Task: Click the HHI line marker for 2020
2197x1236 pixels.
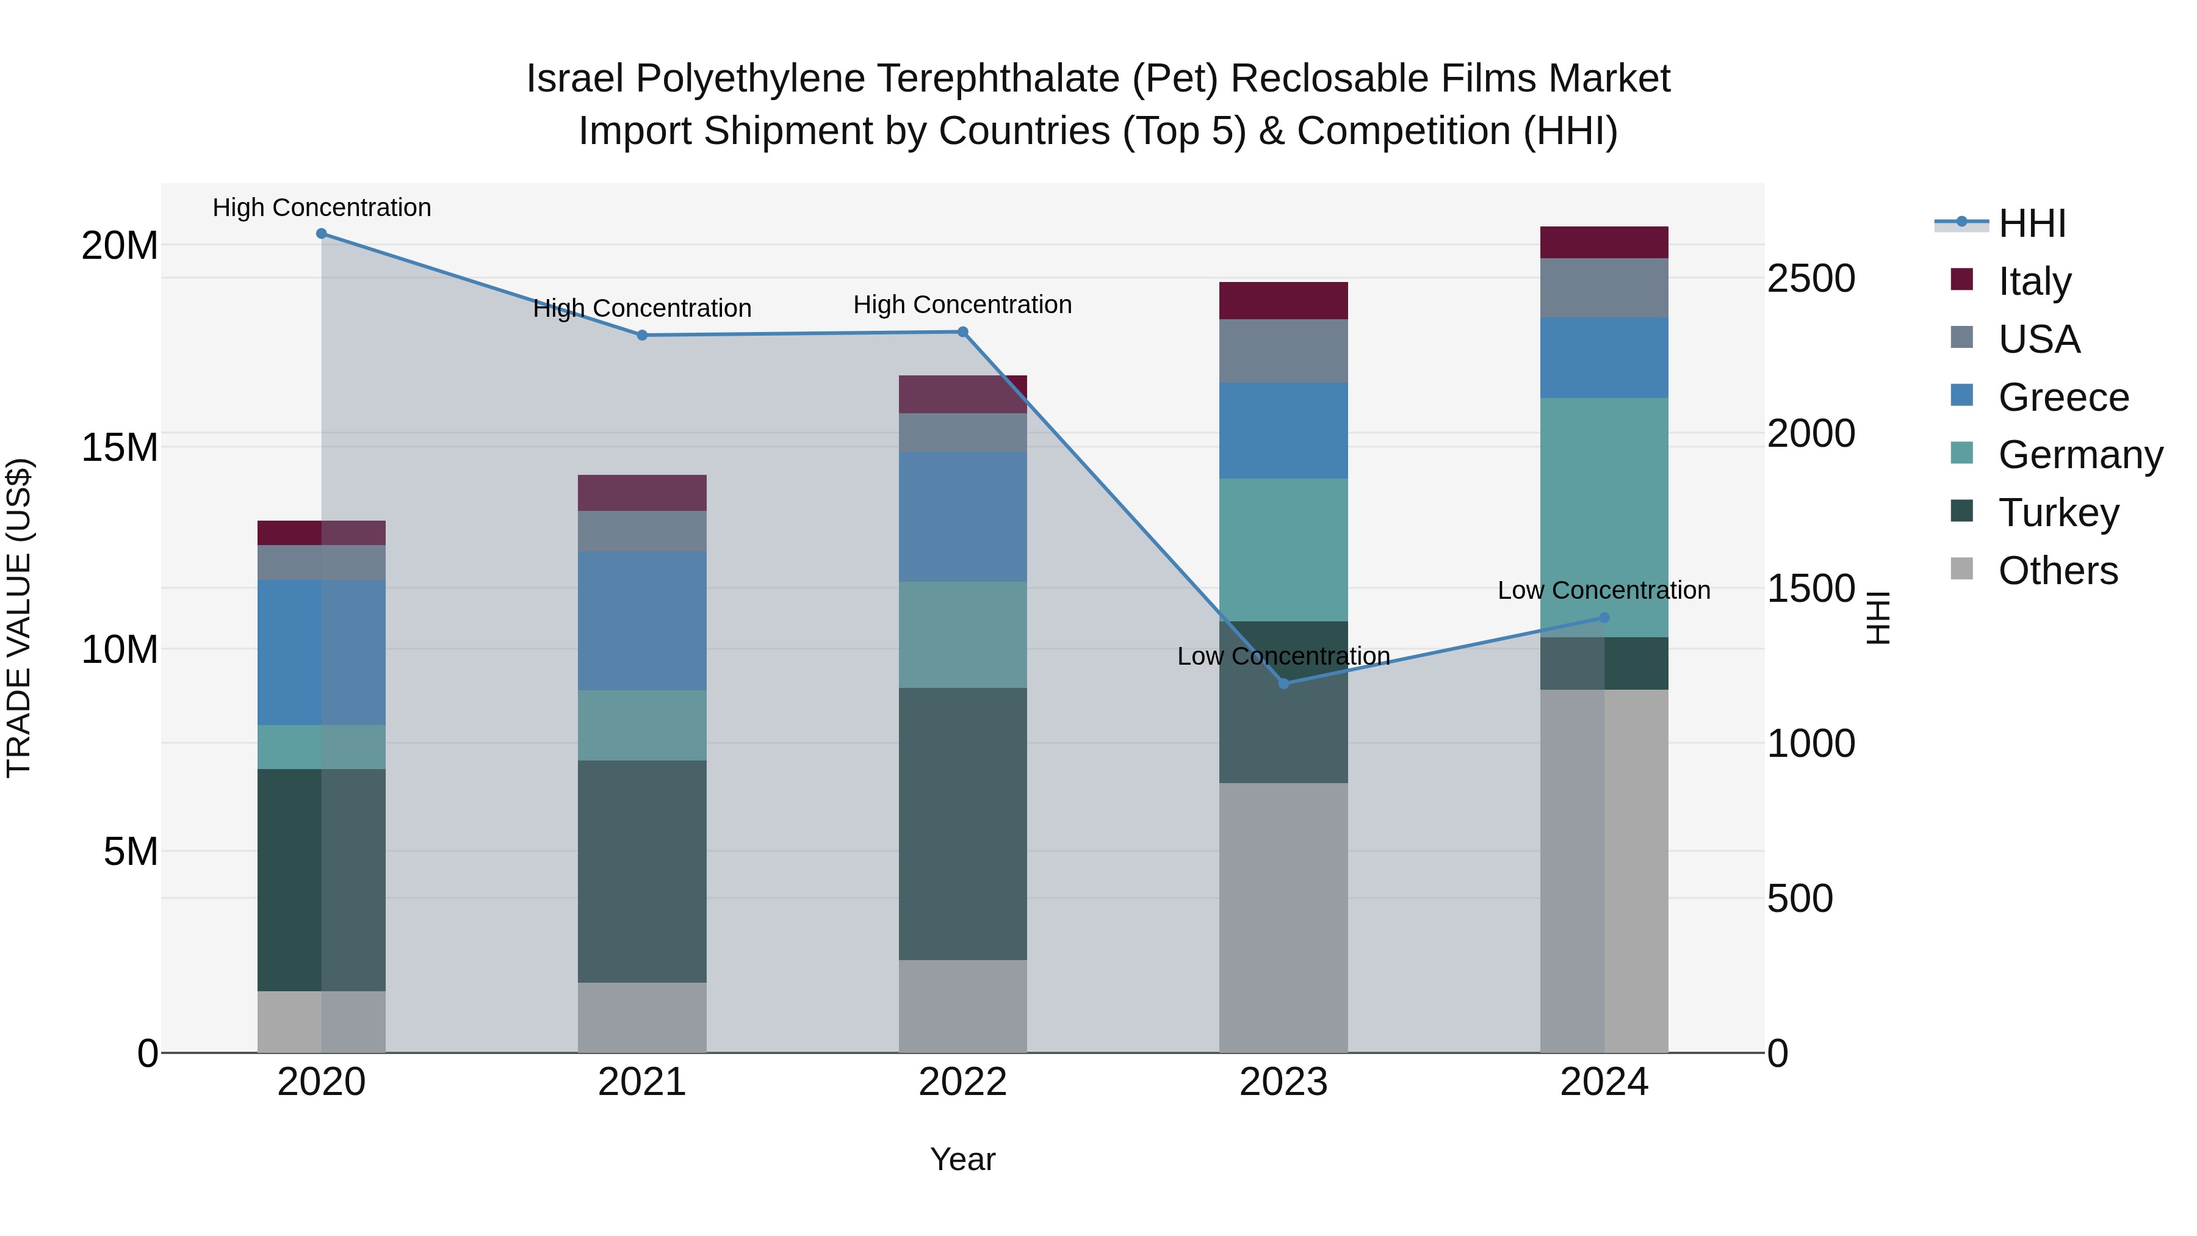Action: point(322,234)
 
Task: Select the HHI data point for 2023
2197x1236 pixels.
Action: point(1283,683)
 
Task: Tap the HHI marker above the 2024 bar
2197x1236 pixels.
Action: point(1604,618)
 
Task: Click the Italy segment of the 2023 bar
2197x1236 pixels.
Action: point(1283,300)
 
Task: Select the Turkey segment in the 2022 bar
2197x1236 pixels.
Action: point(963,823)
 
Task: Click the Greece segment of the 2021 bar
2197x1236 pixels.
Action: point(642,620)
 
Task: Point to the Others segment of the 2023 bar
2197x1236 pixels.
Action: point(1283,917)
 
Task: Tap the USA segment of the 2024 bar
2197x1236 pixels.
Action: point(1604,287)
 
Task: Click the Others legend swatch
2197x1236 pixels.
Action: point(1961,569)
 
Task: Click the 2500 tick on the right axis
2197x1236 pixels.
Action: point(1811,279)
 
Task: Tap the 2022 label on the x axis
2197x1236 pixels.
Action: point(963,1082)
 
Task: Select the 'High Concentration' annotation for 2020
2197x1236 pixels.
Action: point(322,208)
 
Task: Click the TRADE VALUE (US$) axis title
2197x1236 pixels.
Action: point(19,618)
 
